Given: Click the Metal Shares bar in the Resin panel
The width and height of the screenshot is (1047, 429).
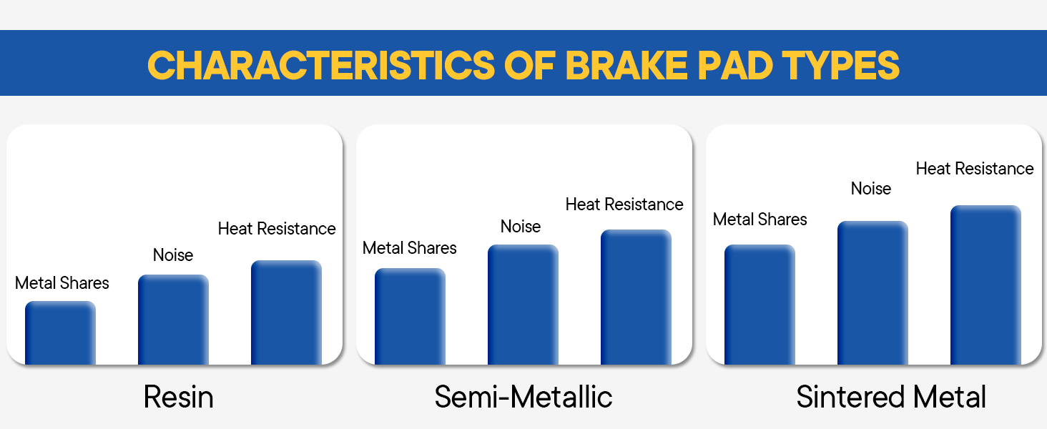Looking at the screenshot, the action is [60, 332].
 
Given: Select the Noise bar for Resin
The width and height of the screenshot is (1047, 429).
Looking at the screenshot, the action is [173, 320].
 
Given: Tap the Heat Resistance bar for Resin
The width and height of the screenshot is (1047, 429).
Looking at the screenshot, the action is [286, 312].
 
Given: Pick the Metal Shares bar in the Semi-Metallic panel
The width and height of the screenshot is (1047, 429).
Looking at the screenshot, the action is [410, 316].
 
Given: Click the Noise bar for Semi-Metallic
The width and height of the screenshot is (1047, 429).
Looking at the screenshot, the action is [523, 304].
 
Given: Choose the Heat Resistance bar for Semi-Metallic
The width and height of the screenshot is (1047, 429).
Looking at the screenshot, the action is [636, 297].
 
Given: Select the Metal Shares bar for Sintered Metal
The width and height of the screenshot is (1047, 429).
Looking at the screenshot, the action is [760, 304].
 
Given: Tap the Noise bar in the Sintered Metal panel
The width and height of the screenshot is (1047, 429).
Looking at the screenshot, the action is [872, 292].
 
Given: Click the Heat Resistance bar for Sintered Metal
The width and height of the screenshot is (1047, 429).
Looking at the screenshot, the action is [985, 285].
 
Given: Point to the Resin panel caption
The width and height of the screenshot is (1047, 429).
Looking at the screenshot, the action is [178, 398].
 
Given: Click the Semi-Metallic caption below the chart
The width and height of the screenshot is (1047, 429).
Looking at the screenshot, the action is [523, 398].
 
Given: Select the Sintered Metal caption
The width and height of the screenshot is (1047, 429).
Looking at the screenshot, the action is [891, 398].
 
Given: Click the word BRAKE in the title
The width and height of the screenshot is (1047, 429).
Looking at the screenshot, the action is [626, 65].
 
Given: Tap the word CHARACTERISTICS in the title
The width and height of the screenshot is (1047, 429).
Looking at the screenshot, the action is [321, 65].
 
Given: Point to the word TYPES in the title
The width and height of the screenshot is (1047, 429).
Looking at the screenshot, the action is [841, 65].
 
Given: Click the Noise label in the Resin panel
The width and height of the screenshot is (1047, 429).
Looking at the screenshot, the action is [173, 255].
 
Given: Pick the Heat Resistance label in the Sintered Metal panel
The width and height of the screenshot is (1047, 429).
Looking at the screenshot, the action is [975, 169].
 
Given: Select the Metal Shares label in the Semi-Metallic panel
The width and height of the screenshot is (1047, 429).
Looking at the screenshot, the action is [410, 248].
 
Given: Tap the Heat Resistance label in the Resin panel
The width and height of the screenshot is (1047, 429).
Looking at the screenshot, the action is [277, 229].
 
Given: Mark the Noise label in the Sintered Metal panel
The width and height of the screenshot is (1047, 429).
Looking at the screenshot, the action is [871, 189].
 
